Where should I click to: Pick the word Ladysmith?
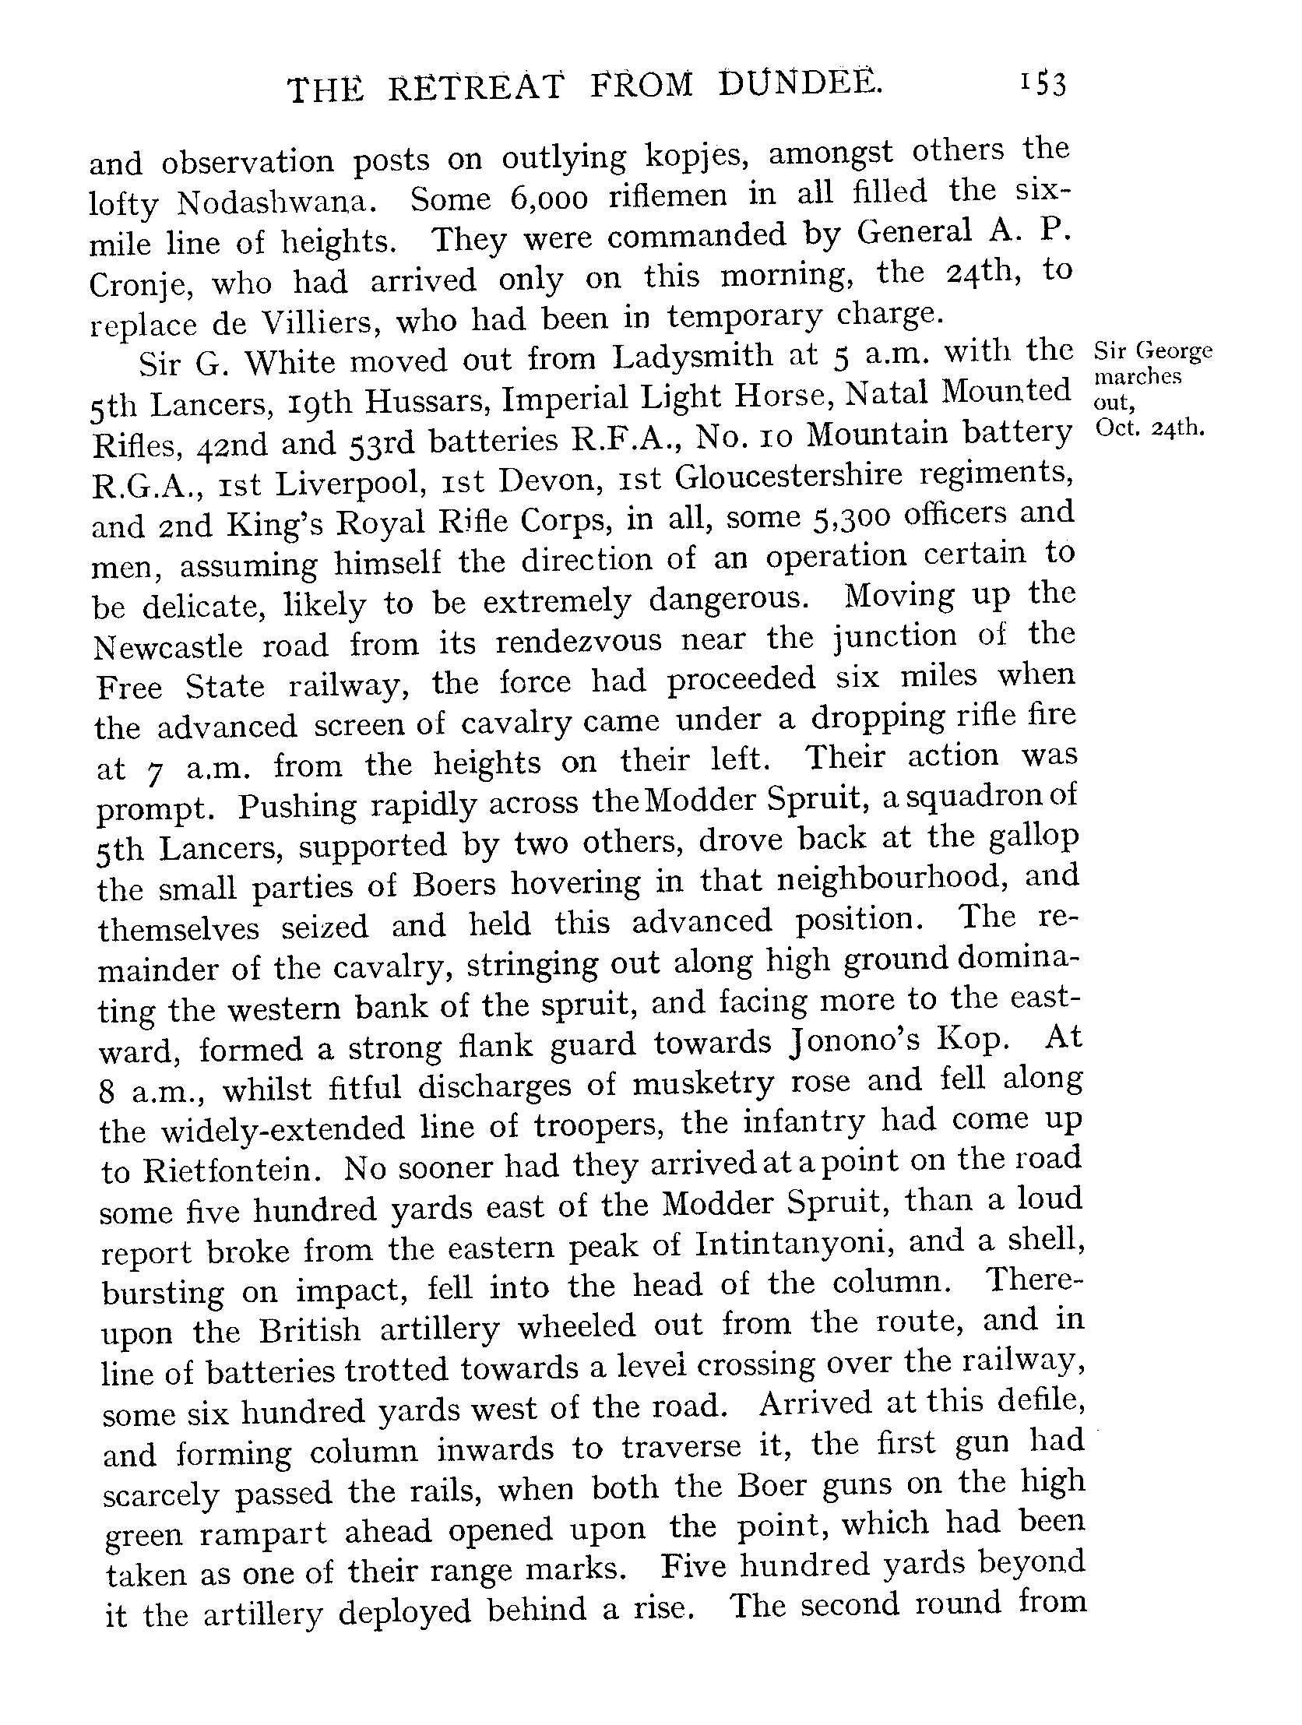tap(692, 358)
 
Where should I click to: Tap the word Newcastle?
tap(167, 646)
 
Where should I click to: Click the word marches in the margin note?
tap(1138, 377)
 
